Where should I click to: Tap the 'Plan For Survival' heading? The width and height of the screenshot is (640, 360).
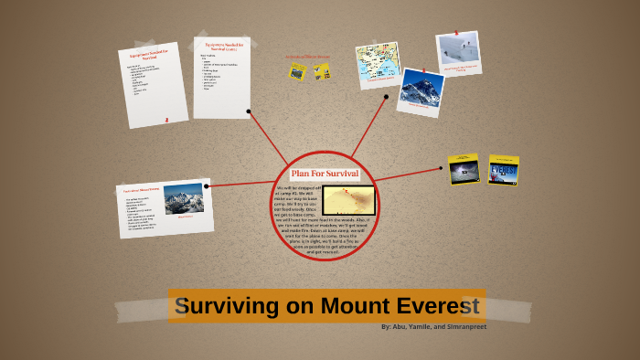[325, 174]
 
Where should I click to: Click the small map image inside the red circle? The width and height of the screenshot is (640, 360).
[348, 200]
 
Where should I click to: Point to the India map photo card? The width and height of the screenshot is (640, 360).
[379, 65]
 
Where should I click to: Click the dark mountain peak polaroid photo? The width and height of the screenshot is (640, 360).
[421, 90]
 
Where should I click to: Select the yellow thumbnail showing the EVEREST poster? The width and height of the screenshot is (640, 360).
[504, 170]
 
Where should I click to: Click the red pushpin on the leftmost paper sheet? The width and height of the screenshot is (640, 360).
[166, 119]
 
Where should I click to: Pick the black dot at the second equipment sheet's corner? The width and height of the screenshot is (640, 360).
[249, 111]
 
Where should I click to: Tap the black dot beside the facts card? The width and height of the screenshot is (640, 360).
[208, 186]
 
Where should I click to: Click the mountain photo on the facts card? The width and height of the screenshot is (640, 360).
[184, 198]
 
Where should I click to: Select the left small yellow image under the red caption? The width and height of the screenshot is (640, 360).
[297, 70]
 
